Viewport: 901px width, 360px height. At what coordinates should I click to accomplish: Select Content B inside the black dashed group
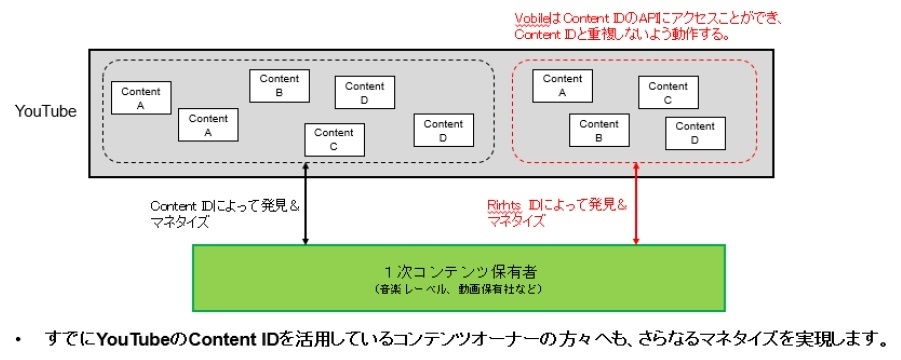279,86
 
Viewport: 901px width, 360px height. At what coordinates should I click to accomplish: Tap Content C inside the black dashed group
333,140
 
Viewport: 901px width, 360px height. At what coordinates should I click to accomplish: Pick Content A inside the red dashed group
562,86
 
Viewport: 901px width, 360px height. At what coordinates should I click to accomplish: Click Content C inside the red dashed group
667,93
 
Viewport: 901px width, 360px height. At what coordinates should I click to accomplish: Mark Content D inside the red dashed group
695,134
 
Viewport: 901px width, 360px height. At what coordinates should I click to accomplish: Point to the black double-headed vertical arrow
306,211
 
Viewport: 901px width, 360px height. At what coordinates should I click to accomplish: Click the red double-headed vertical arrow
636,211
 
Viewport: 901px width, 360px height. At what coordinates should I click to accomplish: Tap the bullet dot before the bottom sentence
18,339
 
